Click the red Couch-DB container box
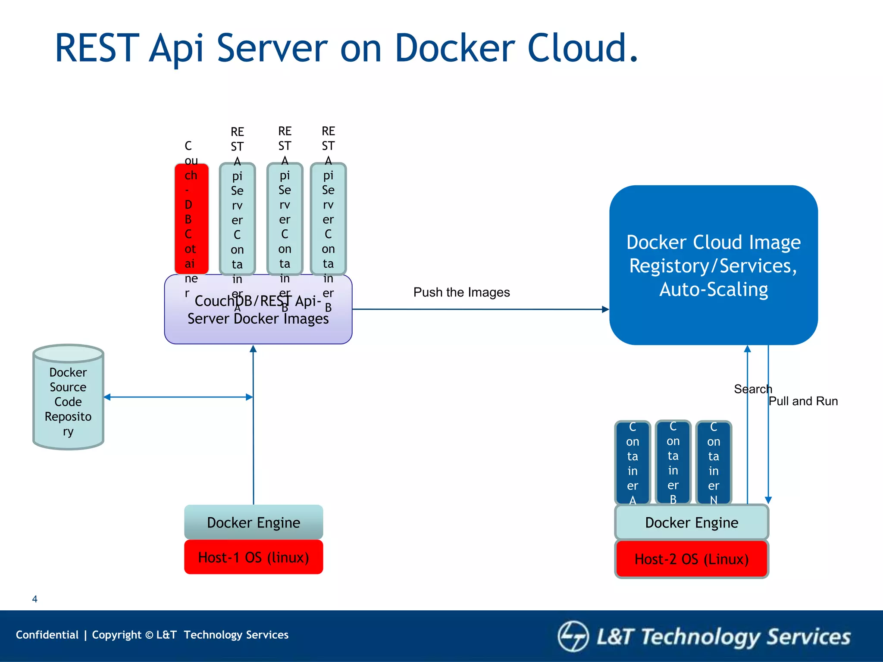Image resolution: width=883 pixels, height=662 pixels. pyautogui.click(x=191, y=219)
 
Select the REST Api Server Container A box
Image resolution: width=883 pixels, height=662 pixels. pyautogui.click(x=237, y=219)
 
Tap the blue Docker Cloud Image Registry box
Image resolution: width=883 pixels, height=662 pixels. pyautogui.click(x=713, y=265)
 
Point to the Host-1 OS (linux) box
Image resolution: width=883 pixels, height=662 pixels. pyautogui.click(x=254, y=557)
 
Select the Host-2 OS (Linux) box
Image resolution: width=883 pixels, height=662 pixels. pyautogui.click(x=692, y=559)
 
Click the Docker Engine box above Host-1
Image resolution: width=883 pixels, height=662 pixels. pyautogui.click(x=254, y=522)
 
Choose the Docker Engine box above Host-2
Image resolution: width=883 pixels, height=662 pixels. pyautogui.click(x=692, y=522)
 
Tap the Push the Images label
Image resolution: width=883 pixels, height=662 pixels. pyautogui.click(x=461, y=292)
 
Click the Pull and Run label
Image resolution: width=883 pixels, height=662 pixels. pyautogui.click(x=803, y=401)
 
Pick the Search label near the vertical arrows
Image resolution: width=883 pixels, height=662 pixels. pyautogui.click(x=753, y=389)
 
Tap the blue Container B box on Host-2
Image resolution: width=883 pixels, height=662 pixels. pyautogui.click(x=673, y=462)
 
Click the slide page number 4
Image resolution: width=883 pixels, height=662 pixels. pyautogui.click(x=35, y=599)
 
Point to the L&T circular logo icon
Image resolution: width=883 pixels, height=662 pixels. pyautogui.click(x=573, y=636)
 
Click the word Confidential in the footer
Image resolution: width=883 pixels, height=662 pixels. pyautogui.click(x=47, y=635)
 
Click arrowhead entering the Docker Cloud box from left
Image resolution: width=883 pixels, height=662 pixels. pyautogui.click(x=605, y=309)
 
